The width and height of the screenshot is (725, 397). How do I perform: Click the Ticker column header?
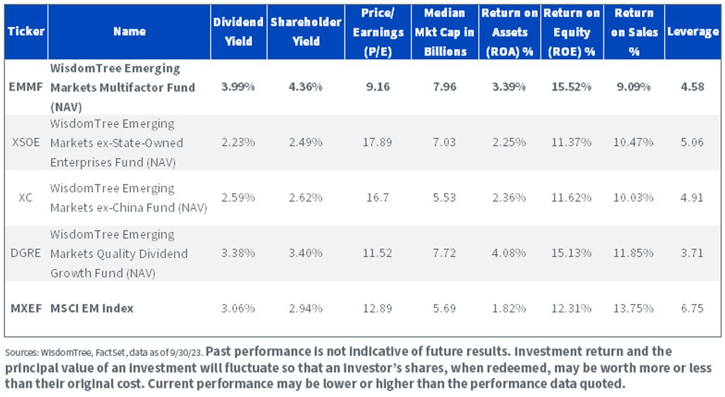tap(26, 32)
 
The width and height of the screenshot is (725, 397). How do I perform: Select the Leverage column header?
tap(693, 32)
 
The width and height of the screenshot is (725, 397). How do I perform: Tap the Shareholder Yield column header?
tap(306, 32)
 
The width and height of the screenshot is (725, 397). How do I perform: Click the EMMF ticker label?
tap(25, 87)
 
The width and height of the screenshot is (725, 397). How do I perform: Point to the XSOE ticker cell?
tap(26, 142)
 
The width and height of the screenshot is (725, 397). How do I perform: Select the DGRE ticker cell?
tap(25, 253)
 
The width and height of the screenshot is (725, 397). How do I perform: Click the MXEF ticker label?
tap(26, 308)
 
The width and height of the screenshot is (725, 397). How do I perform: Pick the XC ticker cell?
tap(25, 197)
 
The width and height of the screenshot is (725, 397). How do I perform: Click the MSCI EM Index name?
tap(92, 308)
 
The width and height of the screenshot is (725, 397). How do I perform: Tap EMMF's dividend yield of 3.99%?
tap(238, 87)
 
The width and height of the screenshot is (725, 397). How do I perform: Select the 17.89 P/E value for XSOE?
tap(378, 142)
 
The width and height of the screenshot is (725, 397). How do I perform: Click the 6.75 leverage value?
tap(692, 308)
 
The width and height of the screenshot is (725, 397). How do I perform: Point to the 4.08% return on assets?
tap(509, 253)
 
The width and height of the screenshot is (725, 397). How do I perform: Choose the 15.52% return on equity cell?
tap(572, 87)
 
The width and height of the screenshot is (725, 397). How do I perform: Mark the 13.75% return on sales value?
tap(633, 308)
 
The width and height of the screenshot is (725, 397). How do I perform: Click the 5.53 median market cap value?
tap(445, 197)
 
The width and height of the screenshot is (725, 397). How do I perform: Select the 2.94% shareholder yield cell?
tap(306, 308)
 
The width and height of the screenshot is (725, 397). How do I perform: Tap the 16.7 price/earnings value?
tap(378, 197)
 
